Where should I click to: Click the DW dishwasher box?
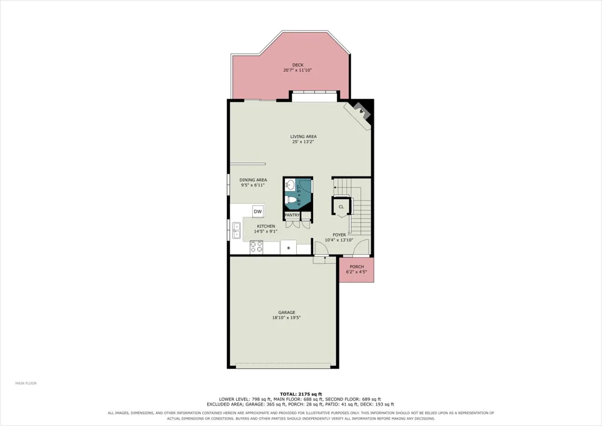point(258,211)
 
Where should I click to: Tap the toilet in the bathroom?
point(291,200)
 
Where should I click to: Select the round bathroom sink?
point(290,185)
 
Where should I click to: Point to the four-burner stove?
point(256,246)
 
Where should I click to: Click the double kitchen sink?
point(236,230)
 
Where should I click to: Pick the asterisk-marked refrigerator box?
point(288,248)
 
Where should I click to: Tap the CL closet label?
point(341,207)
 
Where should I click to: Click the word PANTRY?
point(292,215)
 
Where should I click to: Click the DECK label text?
point(297,65)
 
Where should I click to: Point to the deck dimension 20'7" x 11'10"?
point(297,70)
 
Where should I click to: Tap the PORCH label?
point(356,266)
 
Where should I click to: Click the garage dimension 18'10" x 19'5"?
point(287,318)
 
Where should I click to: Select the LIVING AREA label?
point(303,136)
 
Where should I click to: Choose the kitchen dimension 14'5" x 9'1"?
point(265,231)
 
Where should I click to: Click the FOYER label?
point(339,235)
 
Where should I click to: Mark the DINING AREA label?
point(253,180)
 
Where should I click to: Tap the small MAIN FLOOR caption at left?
point(26,383)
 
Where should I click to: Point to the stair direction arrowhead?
point(335,187)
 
